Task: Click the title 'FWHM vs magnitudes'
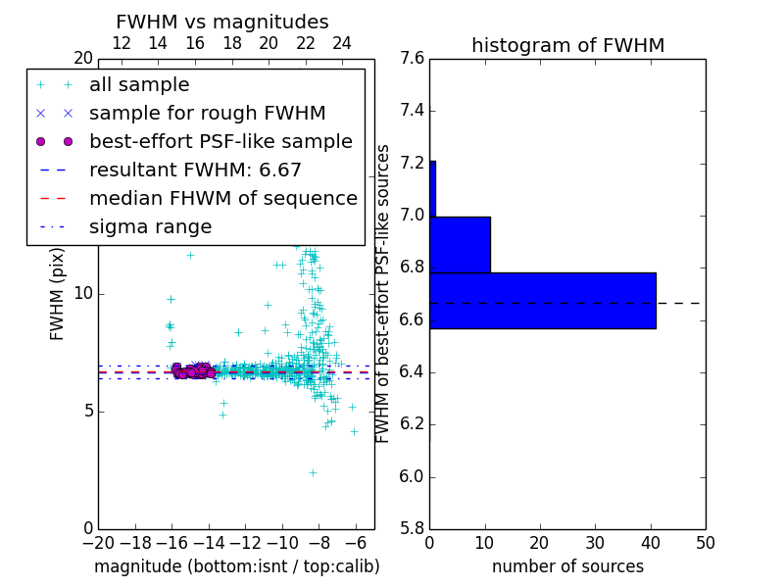click(x=221, y=23)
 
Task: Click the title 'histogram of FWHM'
click(x=567, y=45)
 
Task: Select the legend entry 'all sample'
click(x=139, y=85)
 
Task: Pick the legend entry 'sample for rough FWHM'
click(x=207, y=113)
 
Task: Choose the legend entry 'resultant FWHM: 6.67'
click(x=195, y=170)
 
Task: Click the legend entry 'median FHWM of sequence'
click(x=222, y=198)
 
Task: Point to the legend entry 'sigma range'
click(x=150, y=226)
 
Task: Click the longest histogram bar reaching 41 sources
click(x=542, y=301)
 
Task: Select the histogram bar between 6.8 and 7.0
click(x=460, y=244)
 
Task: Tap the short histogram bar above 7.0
click(x=432, y=188)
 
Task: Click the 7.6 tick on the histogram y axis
click(x=412, y=59)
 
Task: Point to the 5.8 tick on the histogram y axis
click(x=412, y=529)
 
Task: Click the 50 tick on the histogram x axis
click(x=705, y=542)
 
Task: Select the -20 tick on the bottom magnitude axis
click(x=98, y=542)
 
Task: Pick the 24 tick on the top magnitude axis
click(x=342, y=43)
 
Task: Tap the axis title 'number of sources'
click(x=567, y=566)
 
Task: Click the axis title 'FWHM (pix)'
click(x=58, y=293)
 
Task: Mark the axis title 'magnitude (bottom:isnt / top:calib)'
click(x=236, y=566)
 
